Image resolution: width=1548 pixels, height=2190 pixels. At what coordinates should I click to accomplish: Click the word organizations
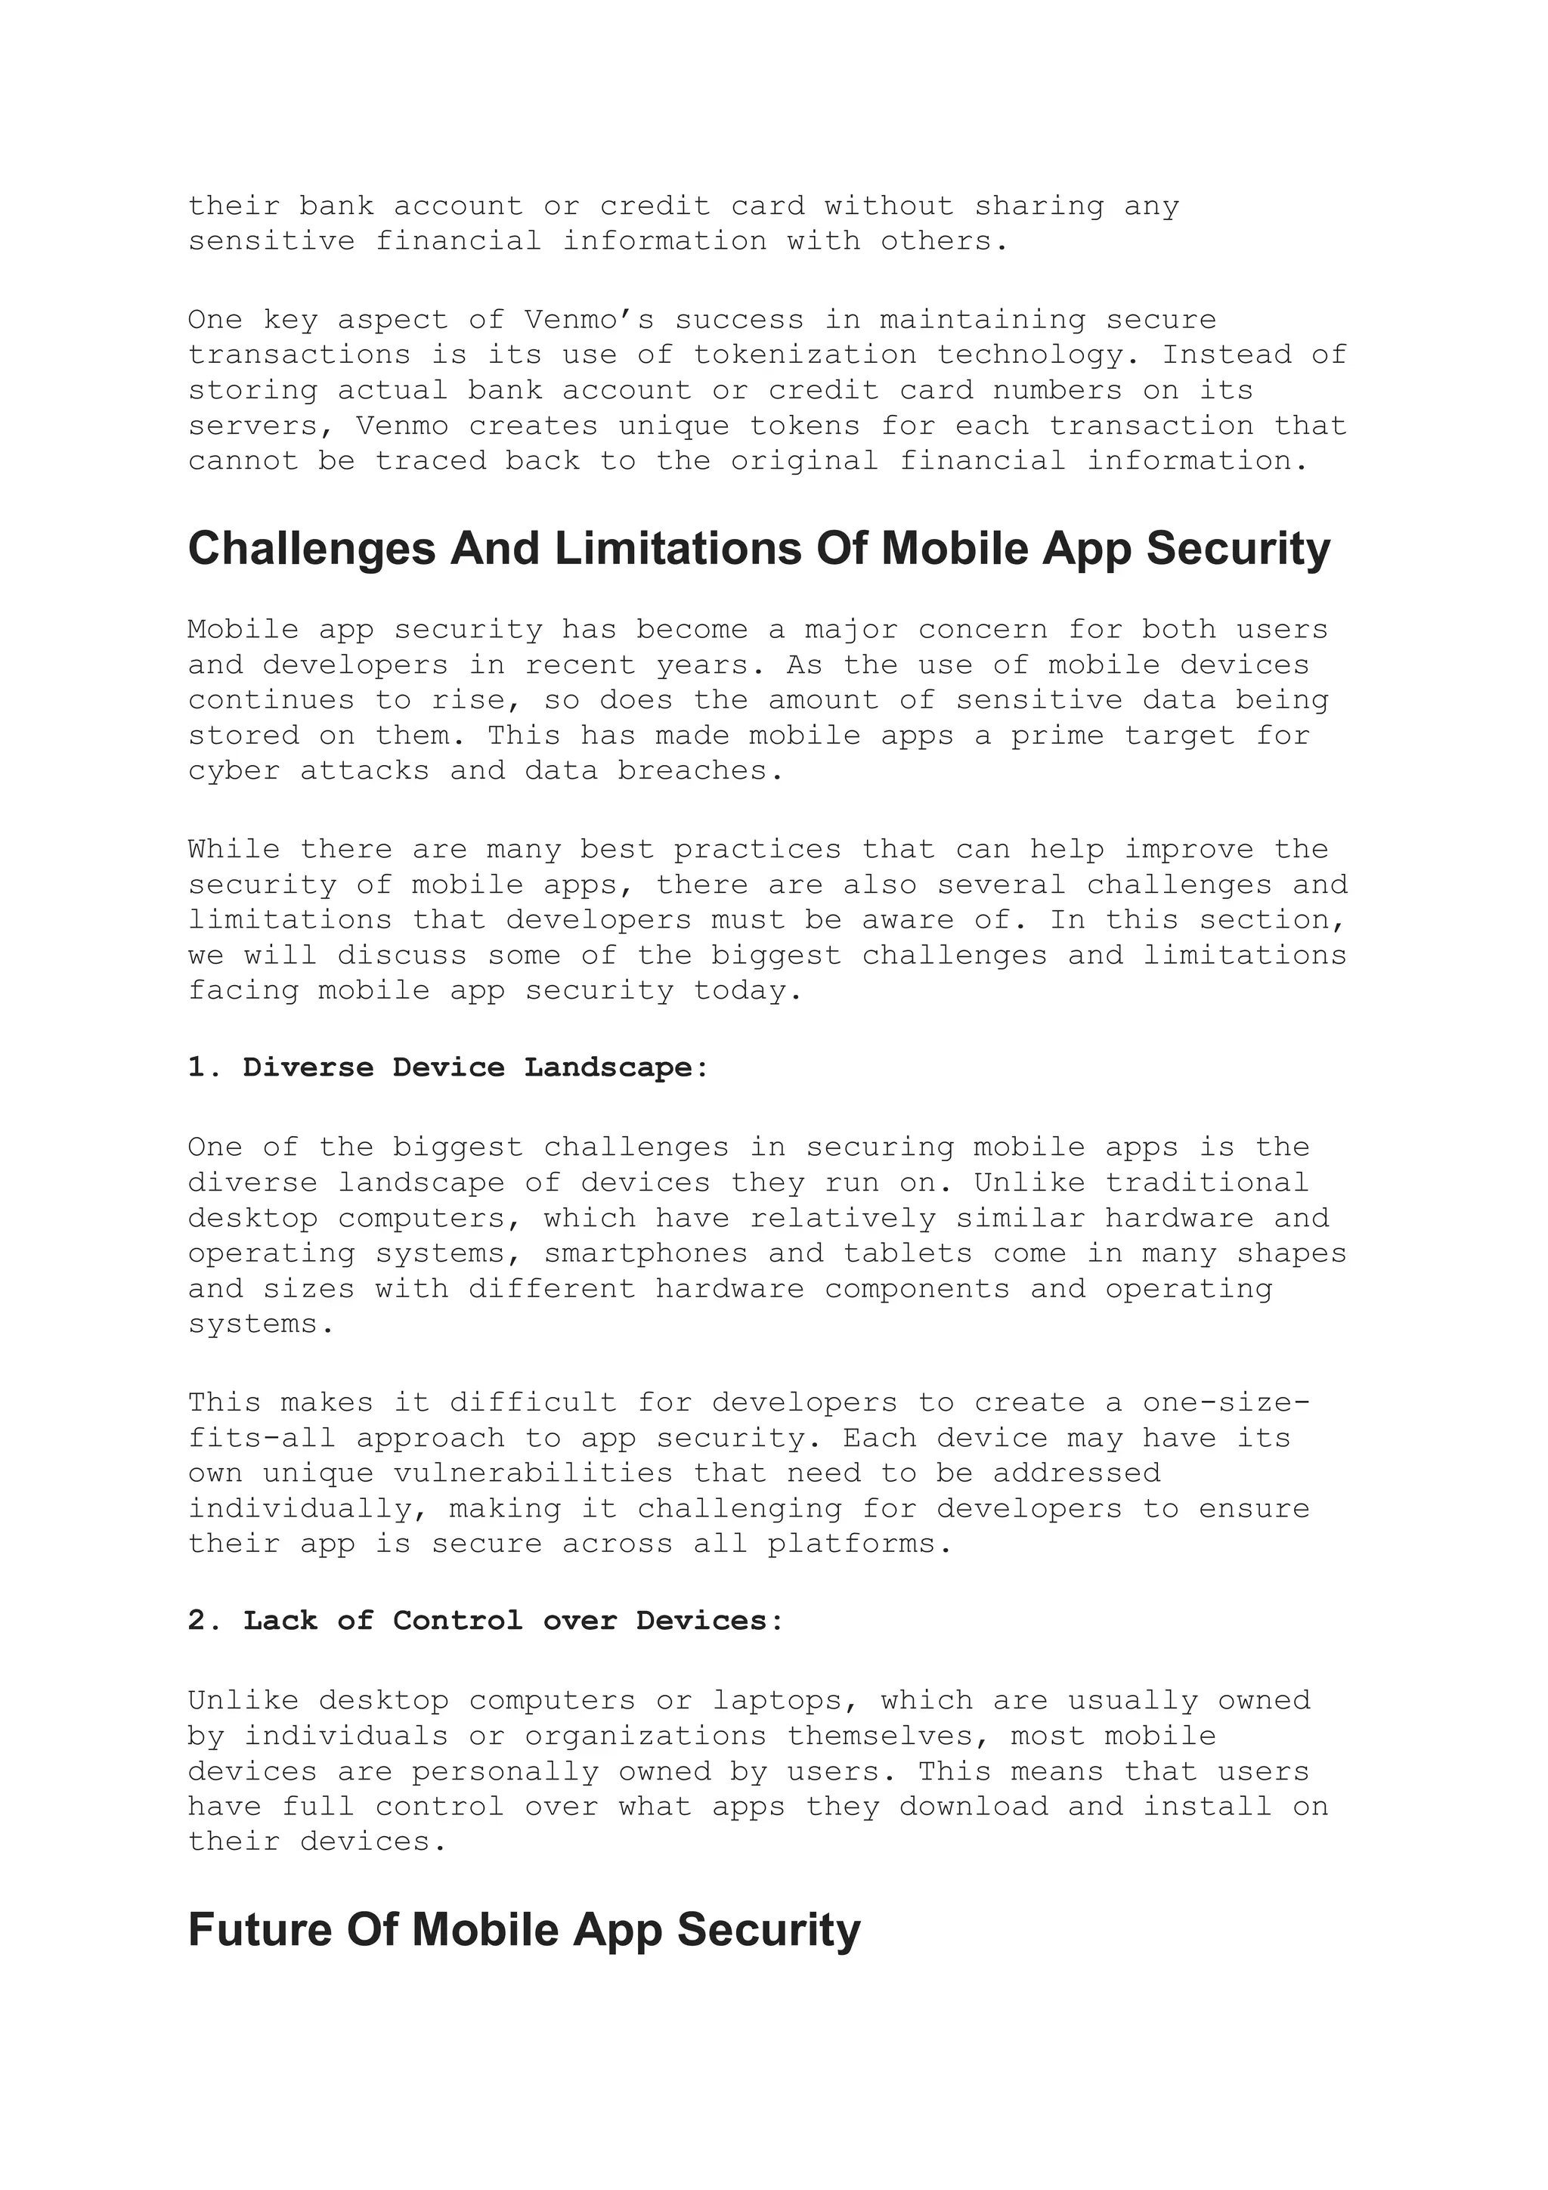point(646,1735)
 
